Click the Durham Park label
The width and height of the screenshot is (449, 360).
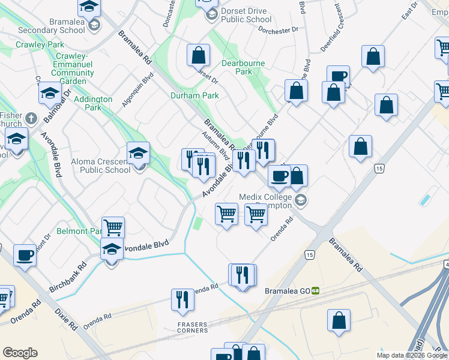point(194,95)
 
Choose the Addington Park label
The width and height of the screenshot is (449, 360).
point(93,103)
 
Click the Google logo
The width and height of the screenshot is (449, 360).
point(20,353)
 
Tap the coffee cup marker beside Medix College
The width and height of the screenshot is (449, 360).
point(279,176)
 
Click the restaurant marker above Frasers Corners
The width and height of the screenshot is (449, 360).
point(182,299)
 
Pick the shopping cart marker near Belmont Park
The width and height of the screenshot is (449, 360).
point(113,227)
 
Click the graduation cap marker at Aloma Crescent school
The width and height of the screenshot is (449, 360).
point(139,152)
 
